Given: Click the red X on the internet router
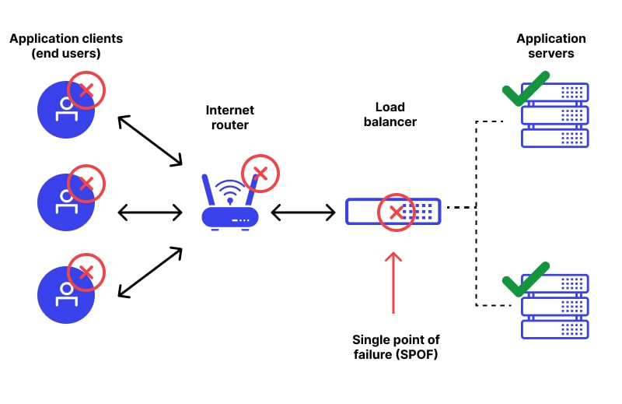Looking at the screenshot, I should click(260, 173).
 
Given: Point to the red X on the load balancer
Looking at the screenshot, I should click(397, 212).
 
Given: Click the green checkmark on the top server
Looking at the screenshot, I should click(526, 88).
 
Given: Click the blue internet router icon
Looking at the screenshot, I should click(229, 206).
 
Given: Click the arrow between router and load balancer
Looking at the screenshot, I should click(303, 211).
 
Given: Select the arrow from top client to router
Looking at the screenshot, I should click(149, 140).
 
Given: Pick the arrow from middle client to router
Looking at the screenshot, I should click(149, 211).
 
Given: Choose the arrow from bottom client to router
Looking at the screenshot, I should click(149, 272).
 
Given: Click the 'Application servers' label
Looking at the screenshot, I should click(551, 46).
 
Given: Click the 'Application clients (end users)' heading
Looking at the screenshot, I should click(66, 46).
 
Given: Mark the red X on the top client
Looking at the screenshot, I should click(86, 91).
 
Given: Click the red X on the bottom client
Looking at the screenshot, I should click(86, 272).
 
